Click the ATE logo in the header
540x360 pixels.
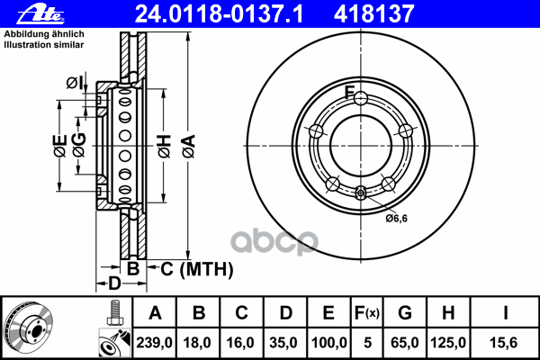pyautogui.click(x=40, y=14)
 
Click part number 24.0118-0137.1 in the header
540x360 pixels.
pyautogui.click(x=219, y=14)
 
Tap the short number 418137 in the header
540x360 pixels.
pyautogui.click(x=373, y=14)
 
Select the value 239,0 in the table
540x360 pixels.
pyautogui.click(x=154, y=343)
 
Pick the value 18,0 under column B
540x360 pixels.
pyautogui.click(x=197, y=343)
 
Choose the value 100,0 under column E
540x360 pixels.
pyautogui.click(x=328, y=343)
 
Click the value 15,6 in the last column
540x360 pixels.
pyautogui.click(x=503, y=343)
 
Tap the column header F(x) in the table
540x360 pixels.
pyautogui.click(x=367, y=313)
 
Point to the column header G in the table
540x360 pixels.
pyautogui.click(x=405, y=313)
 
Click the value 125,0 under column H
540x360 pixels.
pyautogui.click(x=448, y=343)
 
